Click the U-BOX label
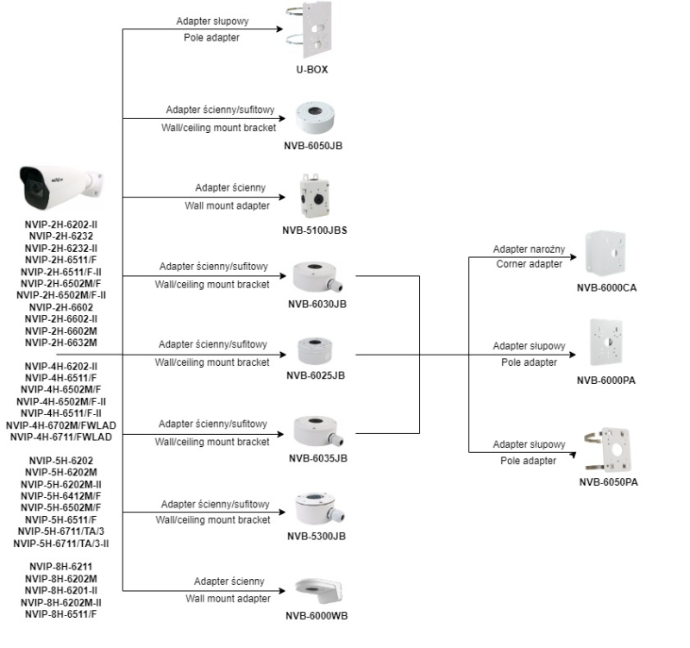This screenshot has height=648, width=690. (314, 68)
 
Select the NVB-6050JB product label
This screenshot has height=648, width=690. (313, 145)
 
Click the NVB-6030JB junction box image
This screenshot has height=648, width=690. (317, 276)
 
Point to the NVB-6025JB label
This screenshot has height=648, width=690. (316, 375)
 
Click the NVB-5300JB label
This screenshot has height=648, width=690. (317, 536)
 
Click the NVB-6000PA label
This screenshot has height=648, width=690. (606, 381)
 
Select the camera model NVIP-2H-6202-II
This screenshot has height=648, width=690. (60, 223)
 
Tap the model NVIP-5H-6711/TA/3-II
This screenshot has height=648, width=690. (60, 544)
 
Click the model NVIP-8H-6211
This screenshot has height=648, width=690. (60, 567)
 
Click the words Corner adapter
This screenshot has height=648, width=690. (529, 263)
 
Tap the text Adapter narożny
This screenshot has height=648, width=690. (529, 249)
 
